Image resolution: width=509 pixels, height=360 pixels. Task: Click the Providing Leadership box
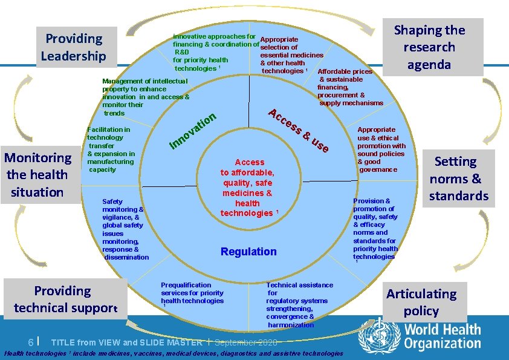73,48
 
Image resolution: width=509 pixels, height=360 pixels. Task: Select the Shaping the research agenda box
429,47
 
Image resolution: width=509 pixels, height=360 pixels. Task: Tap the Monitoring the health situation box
37,175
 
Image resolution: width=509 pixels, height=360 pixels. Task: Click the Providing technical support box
62,299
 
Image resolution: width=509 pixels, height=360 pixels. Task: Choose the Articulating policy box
421,302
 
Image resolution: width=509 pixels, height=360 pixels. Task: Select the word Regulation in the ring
248,252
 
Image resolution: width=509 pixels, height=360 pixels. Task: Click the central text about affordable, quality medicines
250,188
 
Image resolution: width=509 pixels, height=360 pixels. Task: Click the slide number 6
30,342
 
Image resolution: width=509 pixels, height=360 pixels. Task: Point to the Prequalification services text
192,293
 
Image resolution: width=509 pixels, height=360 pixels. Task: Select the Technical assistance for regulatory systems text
299,304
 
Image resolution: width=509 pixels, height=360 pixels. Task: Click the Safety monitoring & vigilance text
125,229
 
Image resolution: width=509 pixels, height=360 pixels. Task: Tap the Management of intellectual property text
146,97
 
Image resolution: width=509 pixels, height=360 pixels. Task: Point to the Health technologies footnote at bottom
173,353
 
